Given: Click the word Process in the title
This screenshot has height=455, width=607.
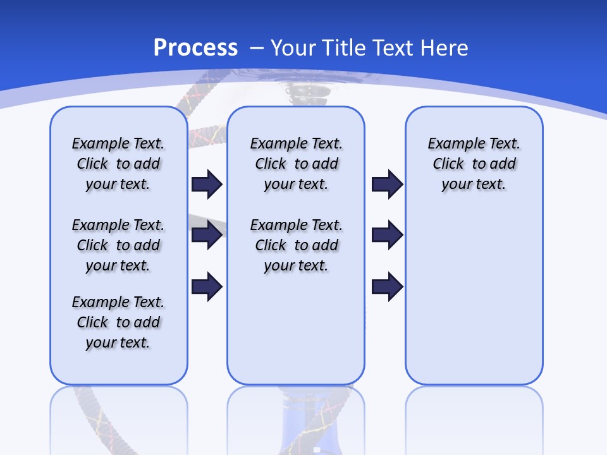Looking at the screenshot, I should [x=195, y=48].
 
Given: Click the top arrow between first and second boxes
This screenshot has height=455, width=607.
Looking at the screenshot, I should [x=207, y=185].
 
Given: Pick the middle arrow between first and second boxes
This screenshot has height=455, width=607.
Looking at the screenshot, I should [x=207, y=235].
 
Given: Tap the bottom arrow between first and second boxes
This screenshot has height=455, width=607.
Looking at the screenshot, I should [x=207, y=287].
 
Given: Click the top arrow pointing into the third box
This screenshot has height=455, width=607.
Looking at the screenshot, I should [x=387, y=185].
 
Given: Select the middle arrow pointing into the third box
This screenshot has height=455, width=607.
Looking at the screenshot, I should [x=387, y=235].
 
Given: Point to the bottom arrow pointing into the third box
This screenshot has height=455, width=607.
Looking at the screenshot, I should [x=387, y=287].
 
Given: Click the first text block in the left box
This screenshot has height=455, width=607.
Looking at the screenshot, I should [x=118, y=164].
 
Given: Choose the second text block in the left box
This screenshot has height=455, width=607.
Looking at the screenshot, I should [x=118, y=245].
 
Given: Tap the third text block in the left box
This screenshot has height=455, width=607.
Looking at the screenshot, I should [x=118, y=322].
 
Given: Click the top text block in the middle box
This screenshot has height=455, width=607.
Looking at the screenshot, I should [x=296, y=164].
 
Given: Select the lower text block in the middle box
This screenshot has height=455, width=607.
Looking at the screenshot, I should [x=296, y=245].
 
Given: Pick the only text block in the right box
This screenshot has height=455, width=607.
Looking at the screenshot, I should [x=474, y=164].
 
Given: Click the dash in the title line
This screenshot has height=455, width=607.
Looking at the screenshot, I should [x=257, y=48].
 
